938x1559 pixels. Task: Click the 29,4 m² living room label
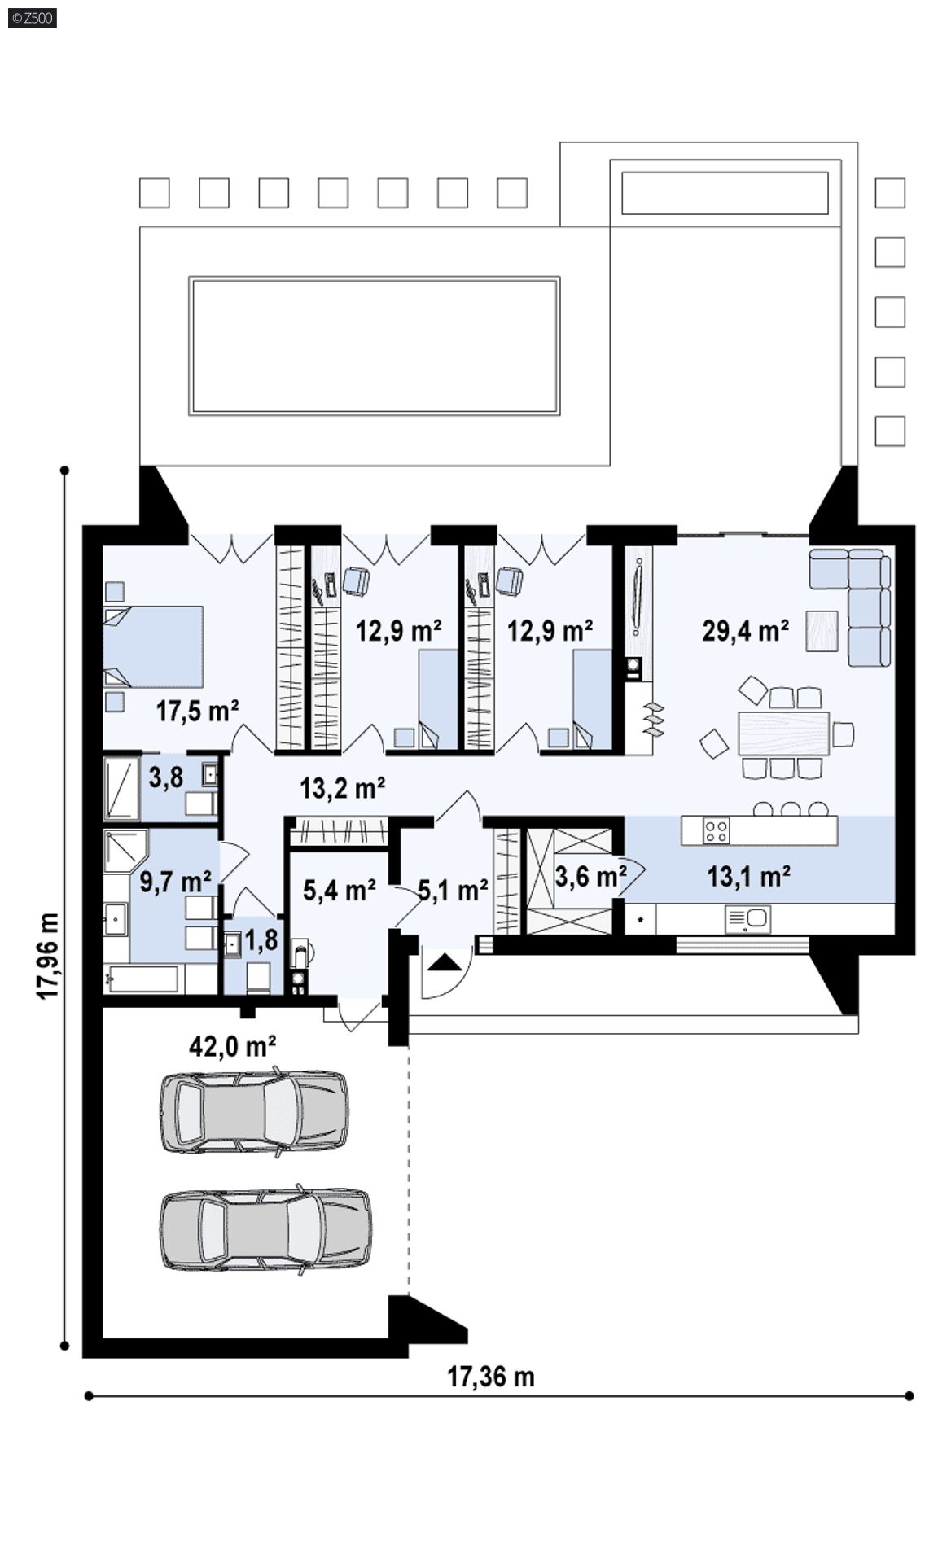(744, 630)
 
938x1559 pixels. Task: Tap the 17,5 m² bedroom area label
(198, 711)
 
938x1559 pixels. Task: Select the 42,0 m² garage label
(231, 1046)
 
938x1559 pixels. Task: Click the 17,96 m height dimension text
(48, 956)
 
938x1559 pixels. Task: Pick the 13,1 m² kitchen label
(748, 876)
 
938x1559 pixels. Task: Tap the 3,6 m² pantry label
(590, 876)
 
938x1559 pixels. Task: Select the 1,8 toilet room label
(261, 939)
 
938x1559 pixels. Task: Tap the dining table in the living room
(783, 733)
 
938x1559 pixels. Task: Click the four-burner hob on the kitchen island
(717, 830)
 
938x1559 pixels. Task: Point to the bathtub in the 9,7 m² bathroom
(142, 979)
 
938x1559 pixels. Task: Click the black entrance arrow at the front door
(444, 962)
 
